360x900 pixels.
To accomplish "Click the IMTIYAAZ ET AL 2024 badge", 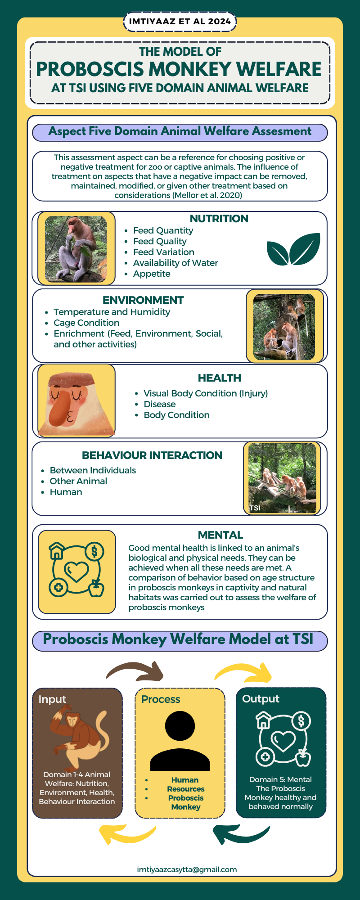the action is (x=180, y=22).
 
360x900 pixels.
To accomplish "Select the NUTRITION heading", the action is (x=219, y=219).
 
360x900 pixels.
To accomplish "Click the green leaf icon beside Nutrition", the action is (x=293, y=249).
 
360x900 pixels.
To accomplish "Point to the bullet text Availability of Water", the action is (x=175, y=263).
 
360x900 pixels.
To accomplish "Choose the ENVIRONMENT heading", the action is (x=143, y=300).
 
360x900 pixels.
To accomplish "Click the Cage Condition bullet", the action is (x=86, y=323).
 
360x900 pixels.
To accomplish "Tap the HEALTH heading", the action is (x=220, y=378).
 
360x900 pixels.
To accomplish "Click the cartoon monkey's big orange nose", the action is (x=63, y=409).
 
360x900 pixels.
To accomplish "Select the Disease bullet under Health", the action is (x=160, y=404).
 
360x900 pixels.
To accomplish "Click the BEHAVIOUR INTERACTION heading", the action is (x=152, y=455).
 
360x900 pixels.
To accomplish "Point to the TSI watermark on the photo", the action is (x=255, y=508).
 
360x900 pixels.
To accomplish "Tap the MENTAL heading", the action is (x=220, y=535).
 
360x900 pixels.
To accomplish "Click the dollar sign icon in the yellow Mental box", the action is (x=94, y=551).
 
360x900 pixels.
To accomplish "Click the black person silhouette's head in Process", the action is (x=180, y=726).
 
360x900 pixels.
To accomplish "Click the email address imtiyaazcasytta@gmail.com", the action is (x=187, y=869).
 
